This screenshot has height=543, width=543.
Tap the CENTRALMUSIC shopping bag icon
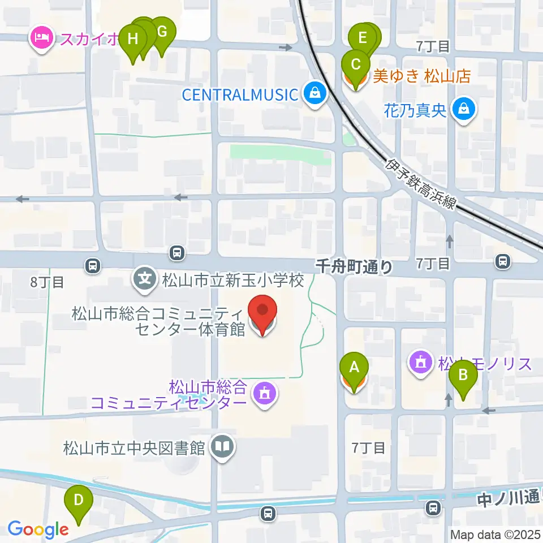(x=313, y=93)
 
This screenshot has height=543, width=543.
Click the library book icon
(x=222, y=449)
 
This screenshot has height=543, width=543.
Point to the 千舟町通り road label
(x=354, y=266)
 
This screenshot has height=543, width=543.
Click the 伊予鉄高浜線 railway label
(x=421, y=184)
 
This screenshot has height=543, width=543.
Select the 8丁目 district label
(x=48, y=282)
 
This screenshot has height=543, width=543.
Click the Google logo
(x=37, y=529)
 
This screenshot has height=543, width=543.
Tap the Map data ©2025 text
(x=495, y=535)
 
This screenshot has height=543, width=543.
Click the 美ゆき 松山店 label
(x=422, y=76)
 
